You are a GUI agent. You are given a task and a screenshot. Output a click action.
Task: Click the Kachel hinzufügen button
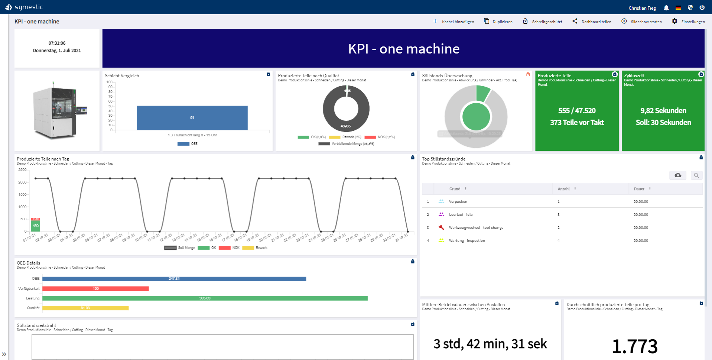tap(453, 22)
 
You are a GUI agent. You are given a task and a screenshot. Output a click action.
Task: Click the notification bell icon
tap(666, 8)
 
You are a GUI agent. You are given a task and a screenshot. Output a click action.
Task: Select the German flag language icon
tap(678, 8)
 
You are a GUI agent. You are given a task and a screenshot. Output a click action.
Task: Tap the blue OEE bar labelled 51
tap(192, 118)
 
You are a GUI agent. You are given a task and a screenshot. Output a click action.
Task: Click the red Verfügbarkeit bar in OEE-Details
tap(95, 289)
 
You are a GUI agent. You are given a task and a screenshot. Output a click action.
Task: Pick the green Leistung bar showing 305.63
tap(205, 298)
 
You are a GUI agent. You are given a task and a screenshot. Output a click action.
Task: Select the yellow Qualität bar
tap(85, 308)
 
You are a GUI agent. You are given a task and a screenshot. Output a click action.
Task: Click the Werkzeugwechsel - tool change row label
tap(476, 228)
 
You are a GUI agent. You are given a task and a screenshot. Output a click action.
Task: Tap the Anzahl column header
tap(563, 189)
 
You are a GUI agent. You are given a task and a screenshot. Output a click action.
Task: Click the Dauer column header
tap(639, 189)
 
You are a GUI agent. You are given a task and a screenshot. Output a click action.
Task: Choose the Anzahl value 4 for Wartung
tap(559, 241)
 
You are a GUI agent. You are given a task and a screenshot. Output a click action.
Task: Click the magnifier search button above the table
tap(696, 175)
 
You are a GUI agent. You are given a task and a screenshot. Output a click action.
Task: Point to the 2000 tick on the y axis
tap(22, 182)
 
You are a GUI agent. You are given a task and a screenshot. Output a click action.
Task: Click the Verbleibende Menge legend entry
tap(352, 144)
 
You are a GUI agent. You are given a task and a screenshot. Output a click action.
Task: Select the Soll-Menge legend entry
tap(186, 248)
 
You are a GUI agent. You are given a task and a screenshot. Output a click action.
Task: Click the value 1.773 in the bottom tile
tap(634, 346)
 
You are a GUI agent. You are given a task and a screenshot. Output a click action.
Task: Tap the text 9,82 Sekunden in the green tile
tap(663, 111)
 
